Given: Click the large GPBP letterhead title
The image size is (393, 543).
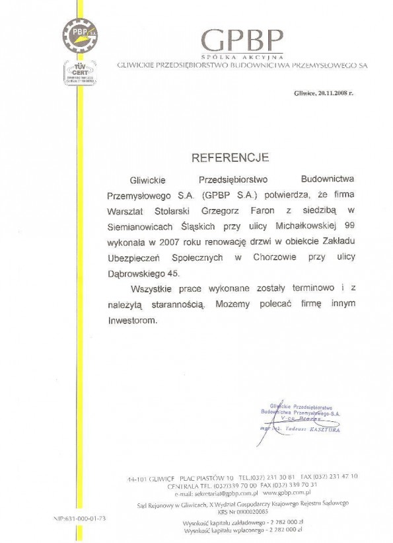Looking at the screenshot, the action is pyautogui.click(x=242, y=40).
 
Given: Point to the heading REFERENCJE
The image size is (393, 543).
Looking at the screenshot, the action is pyautogui.click(x=221, y=157).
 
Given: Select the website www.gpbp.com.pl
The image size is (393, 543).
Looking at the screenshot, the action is pyautogui.click(x=287, y=493).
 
